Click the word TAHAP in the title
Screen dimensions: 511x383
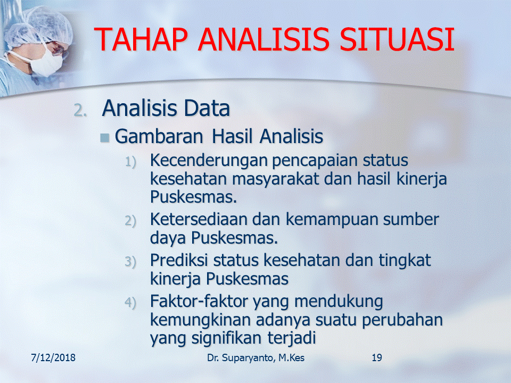click(141, 40)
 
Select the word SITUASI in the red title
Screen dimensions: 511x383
click(397, 40)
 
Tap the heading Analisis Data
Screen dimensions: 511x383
click(166, 108)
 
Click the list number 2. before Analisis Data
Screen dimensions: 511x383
click(80, 111)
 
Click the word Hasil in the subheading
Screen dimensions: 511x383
click(232, 136)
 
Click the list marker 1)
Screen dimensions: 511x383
click(130, 162)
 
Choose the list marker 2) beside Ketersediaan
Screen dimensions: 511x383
click(130, 221)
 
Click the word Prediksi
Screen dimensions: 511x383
click(179, 260)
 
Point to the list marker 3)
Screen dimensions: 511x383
click(130, 262)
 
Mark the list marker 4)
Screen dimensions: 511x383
click(130, 303)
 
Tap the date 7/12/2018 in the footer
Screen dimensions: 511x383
click(53, 357)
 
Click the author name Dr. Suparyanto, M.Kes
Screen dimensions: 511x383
click(256, 357)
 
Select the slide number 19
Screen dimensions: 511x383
click(377, 357)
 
